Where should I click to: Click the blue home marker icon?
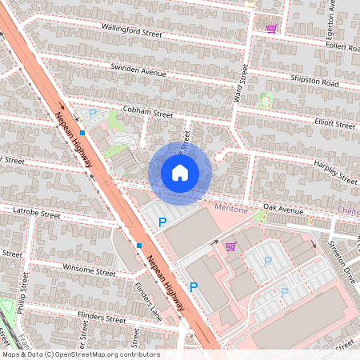coord(180,173)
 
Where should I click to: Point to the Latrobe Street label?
coord(37,214)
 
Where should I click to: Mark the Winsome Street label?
coord(89,271)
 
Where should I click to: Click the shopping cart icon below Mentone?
coord(230,246)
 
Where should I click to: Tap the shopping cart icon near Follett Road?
coord(271,28)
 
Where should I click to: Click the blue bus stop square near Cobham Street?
coord(82,134)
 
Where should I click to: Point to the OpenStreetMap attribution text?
coord(81,354)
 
